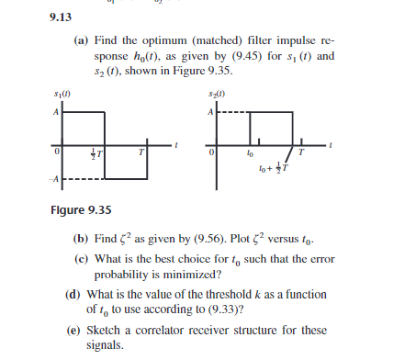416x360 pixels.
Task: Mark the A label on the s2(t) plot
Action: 211,112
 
